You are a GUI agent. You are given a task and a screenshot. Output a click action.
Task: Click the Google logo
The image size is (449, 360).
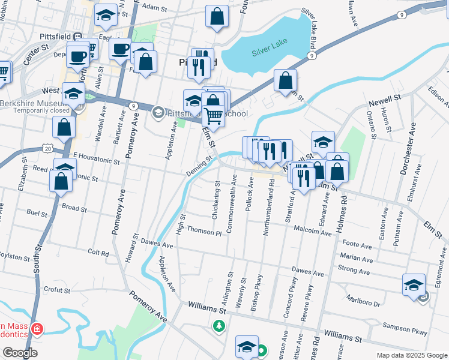[20, 353]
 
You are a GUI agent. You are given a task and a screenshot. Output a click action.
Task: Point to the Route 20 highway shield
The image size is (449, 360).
[48, 147]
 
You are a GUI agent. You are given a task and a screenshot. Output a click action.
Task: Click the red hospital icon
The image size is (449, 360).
[37, 329]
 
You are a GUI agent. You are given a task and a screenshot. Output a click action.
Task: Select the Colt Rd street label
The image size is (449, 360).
[98, 253]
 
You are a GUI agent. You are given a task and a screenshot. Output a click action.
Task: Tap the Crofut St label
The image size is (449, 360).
[57, 290]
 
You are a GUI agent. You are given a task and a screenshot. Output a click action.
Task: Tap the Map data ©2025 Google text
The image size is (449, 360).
[412, 355]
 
